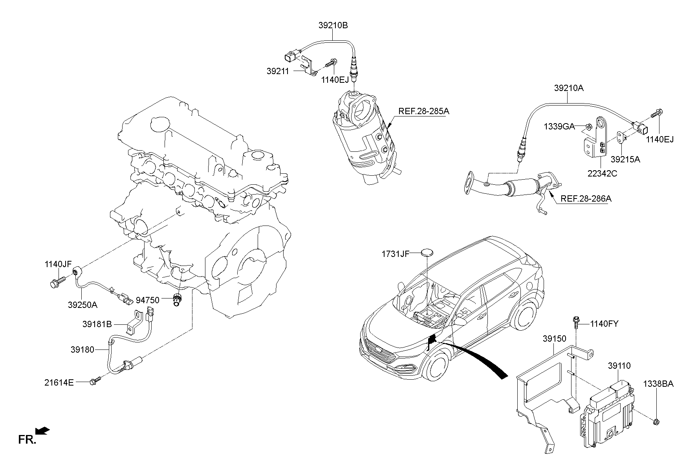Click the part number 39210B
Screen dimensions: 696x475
pos(333,25)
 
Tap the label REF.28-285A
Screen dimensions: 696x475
pos(424,111)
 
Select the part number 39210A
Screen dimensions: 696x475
pos(569,88)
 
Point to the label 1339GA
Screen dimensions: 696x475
pos(559,126)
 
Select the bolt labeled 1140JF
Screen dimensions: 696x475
pos(57,282)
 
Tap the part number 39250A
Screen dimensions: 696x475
pos(82,305)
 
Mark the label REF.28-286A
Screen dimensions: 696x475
pos(586,199)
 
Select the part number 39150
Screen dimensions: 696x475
pos(554,339)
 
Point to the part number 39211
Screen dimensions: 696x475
pos(278,71)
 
